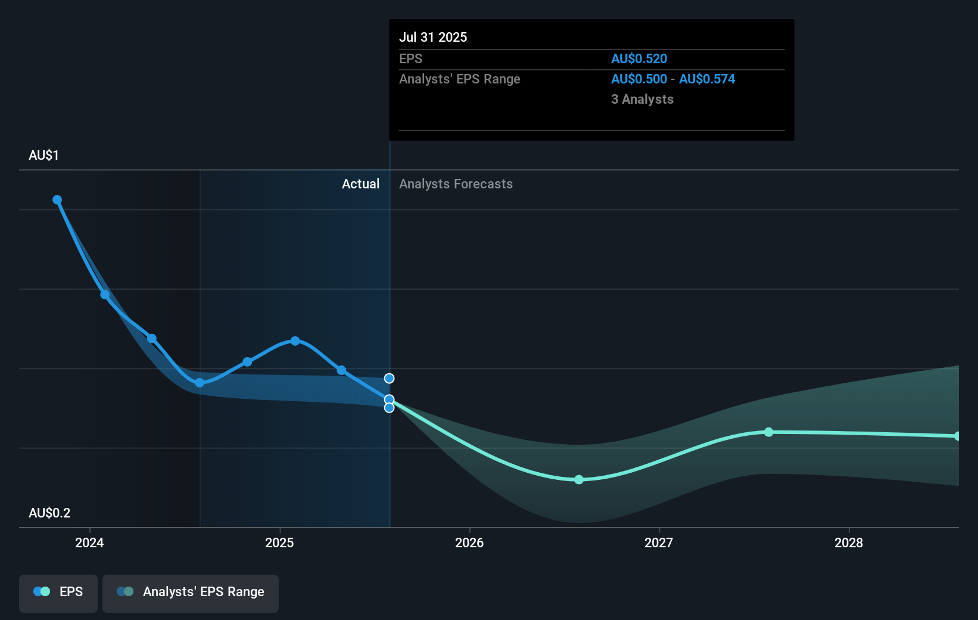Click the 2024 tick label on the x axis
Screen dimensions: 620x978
[x=89, y=542]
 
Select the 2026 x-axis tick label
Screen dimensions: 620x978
[x=469, y=542]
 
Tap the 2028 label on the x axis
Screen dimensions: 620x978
[x=849, y=542]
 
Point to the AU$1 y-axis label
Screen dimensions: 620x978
[x=43, y=156]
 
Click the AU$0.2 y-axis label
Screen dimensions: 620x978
[x=49, y=513]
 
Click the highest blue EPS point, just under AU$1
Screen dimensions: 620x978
[x=57, y=200]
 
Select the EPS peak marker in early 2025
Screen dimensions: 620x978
[x=295, y=341]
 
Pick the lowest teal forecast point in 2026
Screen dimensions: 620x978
[x=579, y=479]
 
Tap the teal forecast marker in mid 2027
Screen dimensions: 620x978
[x=769, y=432]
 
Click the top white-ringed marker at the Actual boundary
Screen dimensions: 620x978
[x=389, y=379]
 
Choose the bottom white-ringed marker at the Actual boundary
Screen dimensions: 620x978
[x=389, y=408]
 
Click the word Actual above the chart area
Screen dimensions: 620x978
[x=360, y=184]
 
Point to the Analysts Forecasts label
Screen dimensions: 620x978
[x=456, y=184]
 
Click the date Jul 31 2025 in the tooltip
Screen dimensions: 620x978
[x=433, y=37]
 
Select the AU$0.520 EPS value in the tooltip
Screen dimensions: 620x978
[x=639, y=58]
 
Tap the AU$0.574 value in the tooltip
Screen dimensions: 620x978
[x=707, y=79]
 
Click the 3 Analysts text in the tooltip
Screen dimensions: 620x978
[x=642, y=100]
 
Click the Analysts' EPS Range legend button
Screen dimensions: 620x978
[x=191, y=593]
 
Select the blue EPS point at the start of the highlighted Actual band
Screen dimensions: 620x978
[x=200, y=383]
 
